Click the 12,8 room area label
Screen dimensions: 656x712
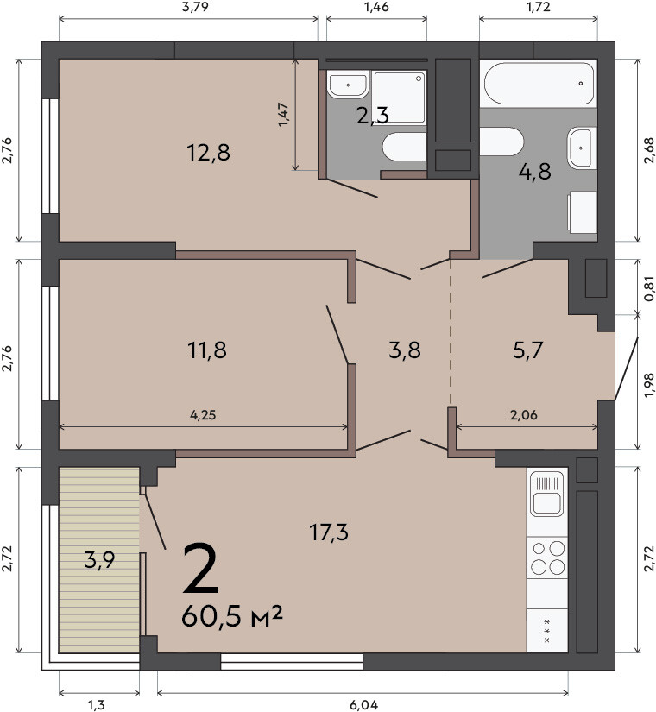click(x=209, y=152)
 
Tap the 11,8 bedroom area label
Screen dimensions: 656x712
click(x=206, y=350)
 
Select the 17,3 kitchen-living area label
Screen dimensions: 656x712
click(x=329, y=532)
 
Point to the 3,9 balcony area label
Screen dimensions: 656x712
click(x=99, y=560)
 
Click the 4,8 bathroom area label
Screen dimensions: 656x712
click(x=534, y=172)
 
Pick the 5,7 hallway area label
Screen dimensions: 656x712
click(x=528, y=350)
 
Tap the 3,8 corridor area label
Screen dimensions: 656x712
click(x=405, y=350)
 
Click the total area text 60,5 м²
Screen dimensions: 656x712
click(x=232, y=616)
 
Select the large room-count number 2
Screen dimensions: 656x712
click(x=201, y=569)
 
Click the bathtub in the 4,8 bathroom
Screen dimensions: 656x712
click(x=539, y=84)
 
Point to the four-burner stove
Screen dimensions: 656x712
click(x=547, y=558)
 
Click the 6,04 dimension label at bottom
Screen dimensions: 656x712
click(x=363, y=705)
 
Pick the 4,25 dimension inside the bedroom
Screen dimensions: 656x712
click(x=203, y=414)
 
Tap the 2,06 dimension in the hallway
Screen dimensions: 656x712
click(x=524, y=414)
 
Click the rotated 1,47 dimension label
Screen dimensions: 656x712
click(x=283, y=115)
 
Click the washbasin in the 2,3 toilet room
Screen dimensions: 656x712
click(x=348, y=85)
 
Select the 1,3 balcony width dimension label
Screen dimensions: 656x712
click(x=97, y=705)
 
